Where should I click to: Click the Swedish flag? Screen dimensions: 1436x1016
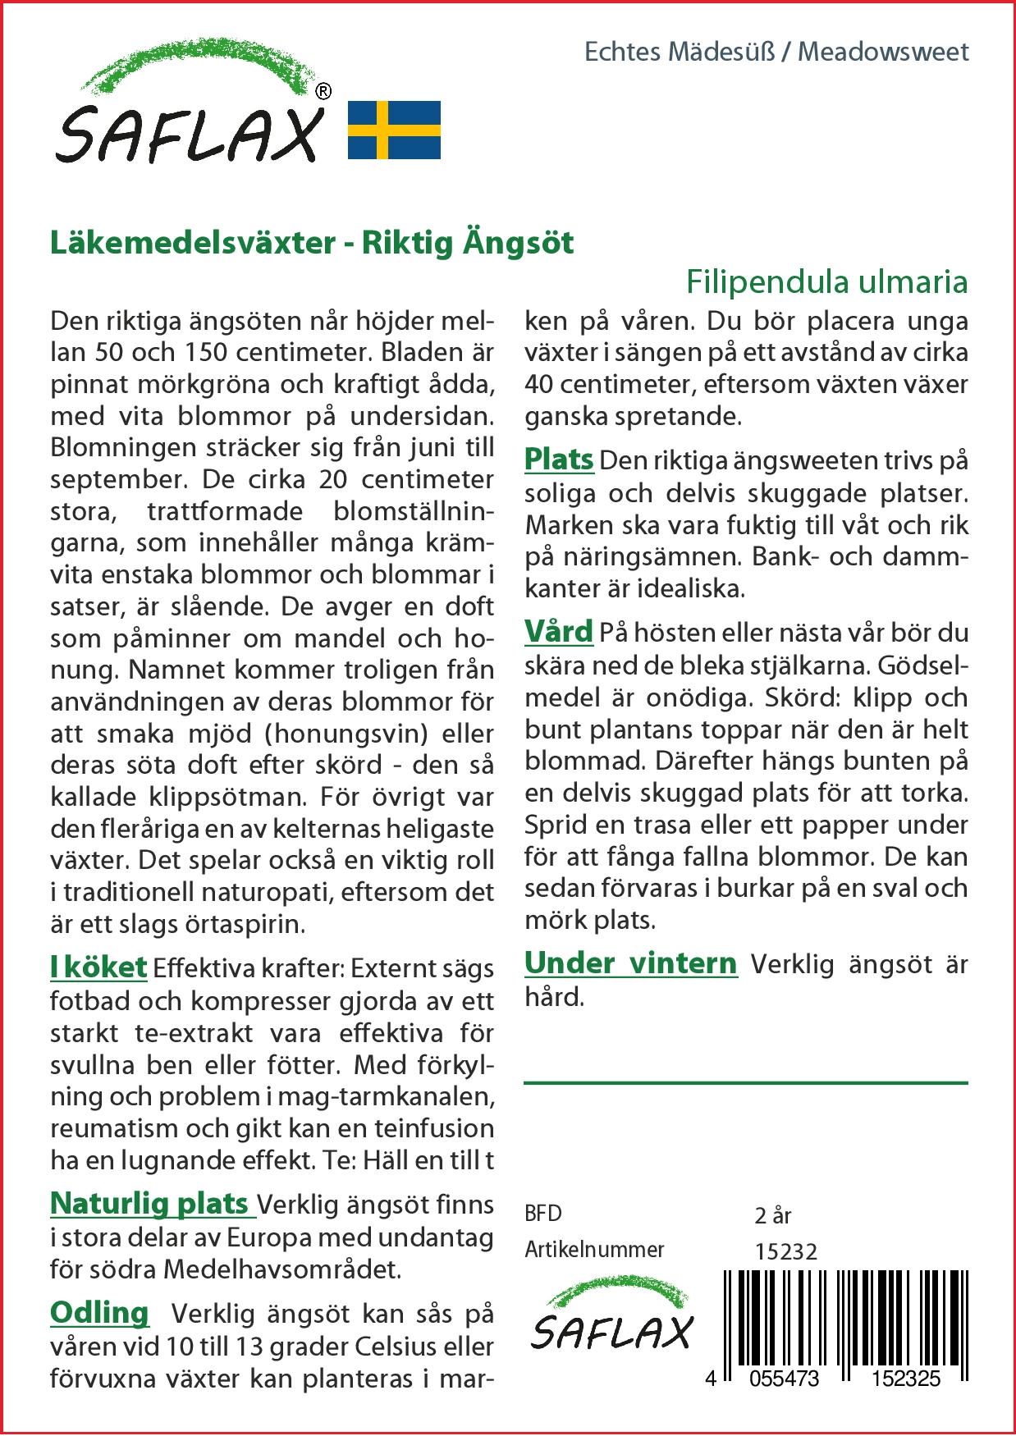pyautogui.click(x=395, y=130)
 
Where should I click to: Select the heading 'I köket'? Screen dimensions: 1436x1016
pyautogui.click(x=98, y=967)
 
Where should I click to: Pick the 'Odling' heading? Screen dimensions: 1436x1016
pyautogui.click(x=99, y=1313)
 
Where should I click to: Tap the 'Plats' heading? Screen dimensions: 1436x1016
pyautogui.click(x=559, y=460)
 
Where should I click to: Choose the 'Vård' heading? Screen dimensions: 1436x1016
pyautogui.click(x=559, y=632)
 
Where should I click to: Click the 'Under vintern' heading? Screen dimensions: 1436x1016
pyautogui.click(x=630, y=963)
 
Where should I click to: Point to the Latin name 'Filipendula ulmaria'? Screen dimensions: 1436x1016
pyautogui.click(x=826, y=282)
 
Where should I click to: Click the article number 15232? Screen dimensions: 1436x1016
pyautogui.click(x=786, y=1251)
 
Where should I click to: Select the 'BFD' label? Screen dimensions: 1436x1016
pyautogui.click(x=543, y=1214)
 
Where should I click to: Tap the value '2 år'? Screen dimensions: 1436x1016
pyautogui.click(x=772, y=1215)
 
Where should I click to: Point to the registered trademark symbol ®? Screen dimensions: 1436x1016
pyautogui.click(x=323, y=92)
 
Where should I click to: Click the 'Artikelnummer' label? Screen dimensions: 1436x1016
pyautogui.click(x=594, y=1250)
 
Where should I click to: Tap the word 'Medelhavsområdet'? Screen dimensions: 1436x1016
pyautogui.click(x=281, y=1269)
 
